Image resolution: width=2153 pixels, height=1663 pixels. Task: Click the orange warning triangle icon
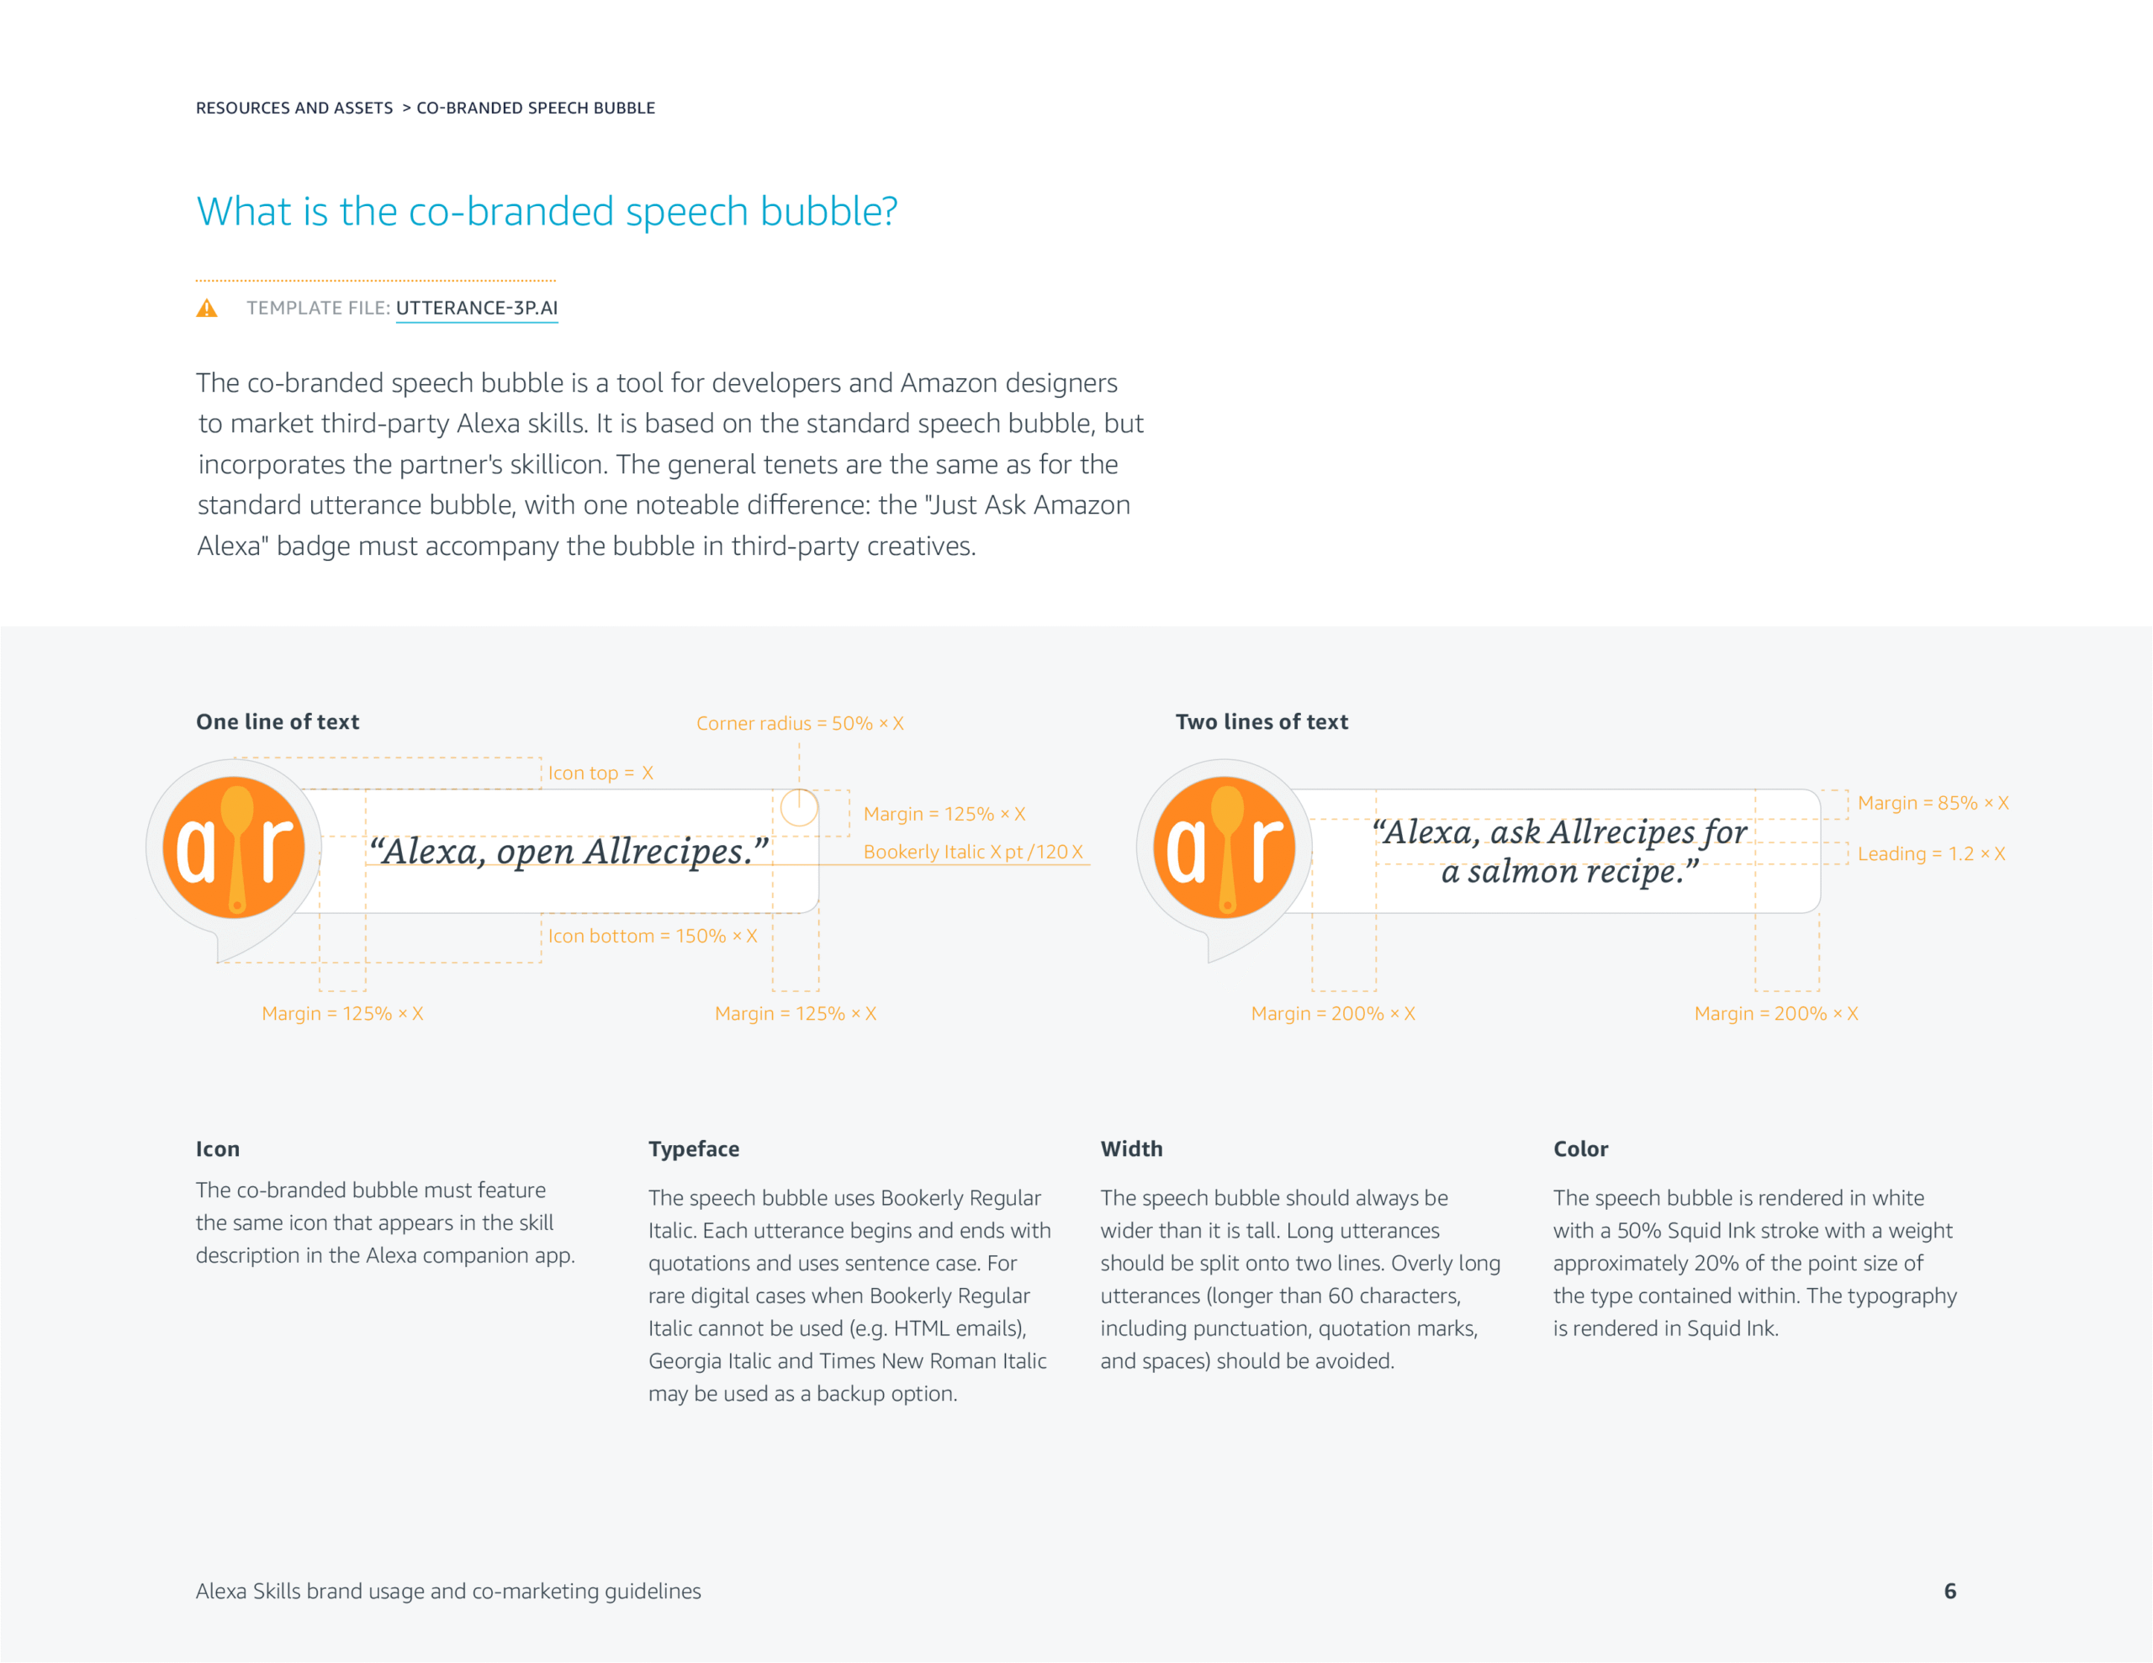coord(207,309)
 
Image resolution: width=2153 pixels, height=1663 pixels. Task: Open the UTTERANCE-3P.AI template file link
coord(477,309)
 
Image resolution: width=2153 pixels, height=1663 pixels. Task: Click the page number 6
coord(1950,1591)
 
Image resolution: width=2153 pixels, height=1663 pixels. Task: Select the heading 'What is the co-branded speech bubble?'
coord(548,211)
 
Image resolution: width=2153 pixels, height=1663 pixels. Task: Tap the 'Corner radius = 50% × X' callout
coord(800,724)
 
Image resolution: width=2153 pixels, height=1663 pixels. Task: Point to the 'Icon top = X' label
coord(600,773)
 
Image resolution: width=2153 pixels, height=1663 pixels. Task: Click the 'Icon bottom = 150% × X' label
coord(653,936)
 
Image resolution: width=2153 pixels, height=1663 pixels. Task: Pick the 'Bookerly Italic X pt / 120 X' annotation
coord(973,852)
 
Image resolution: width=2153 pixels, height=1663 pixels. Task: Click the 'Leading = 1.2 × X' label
coord(1931,853)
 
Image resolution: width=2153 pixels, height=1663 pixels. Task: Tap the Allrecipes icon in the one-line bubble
coord(234,847)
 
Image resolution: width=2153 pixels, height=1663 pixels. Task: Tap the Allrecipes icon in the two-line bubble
coord(1225,847)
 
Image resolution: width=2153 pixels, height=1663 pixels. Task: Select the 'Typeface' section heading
coord(694,1149)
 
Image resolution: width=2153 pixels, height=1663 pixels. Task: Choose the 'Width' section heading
coord(1132,1149)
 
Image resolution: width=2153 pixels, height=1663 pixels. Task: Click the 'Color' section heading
coord(1580,1149)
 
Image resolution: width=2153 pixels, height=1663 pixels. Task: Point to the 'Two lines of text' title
coord(1262,721)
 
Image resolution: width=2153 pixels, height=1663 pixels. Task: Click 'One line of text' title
coord(278,721)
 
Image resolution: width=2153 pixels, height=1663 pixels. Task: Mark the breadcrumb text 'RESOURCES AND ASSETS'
coord(294,108)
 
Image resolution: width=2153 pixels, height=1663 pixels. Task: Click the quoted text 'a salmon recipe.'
coord(1569,871)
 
